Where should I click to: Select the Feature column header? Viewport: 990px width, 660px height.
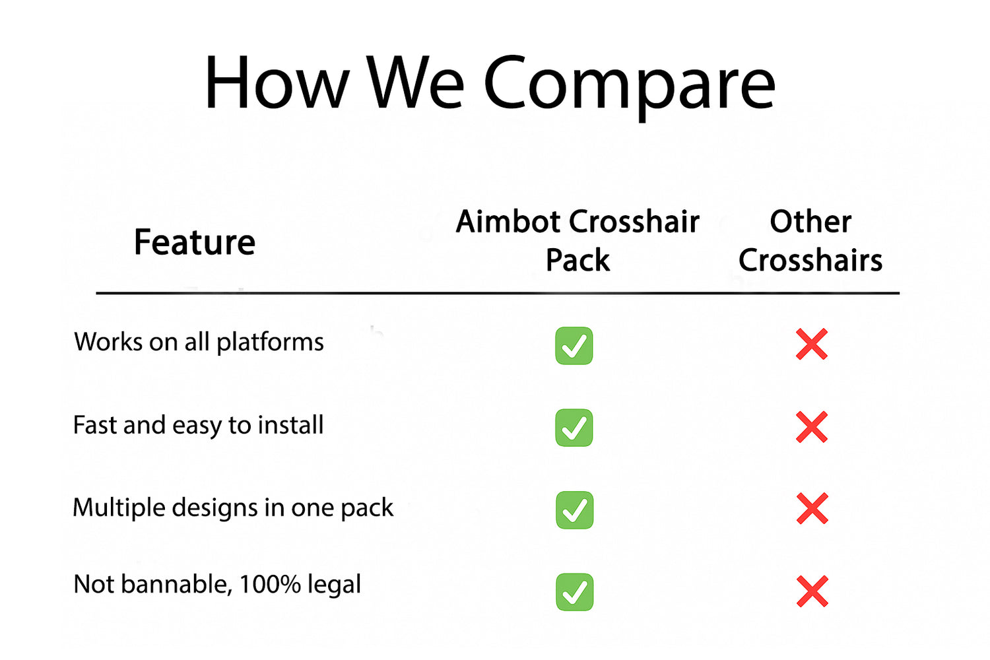(195, 242)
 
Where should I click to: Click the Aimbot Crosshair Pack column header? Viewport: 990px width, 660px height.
(577, 240)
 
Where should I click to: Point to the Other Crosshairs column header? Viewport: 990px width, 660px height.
(810, 240)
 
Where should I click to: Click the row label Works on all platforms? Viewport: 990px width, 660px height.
(199, 343)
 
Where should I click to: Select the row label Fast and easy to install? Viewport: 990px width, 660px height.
(199, 425)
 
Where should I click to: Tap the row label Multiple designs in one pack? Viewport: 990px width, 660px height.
(233, 508)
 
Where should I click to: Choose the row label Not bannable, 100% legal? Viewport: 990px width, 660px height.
(217, 584)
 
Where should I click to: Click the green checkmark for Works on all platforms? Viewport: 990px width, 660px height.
(574, 346)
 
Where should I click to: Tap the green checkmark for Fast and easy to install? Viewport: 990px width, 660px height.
(574, 428)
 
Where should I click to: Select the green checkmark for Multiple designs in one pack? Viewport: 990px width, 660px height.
(575, 510)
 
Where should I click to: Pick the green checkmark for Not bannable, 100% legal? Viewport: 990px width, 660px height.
(575, 593)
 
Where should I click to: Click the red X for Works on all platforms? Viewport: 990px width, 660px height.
(811, 344)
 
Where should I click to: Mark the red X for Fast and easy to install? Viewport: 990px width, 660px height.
(811, 427)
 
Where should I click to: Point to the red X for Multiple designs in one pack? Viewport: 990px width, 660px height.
(812, 508)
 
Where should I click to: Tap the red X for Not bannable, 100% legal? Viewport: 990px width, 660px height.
(812, 591)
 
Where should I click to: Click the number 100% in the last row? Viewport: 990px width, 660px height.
(270, 584)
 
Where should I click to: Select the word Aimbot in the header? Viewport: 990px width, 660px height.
(509, 221)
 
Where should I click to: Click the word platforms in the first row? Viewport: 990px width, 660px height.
(270, 343)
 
